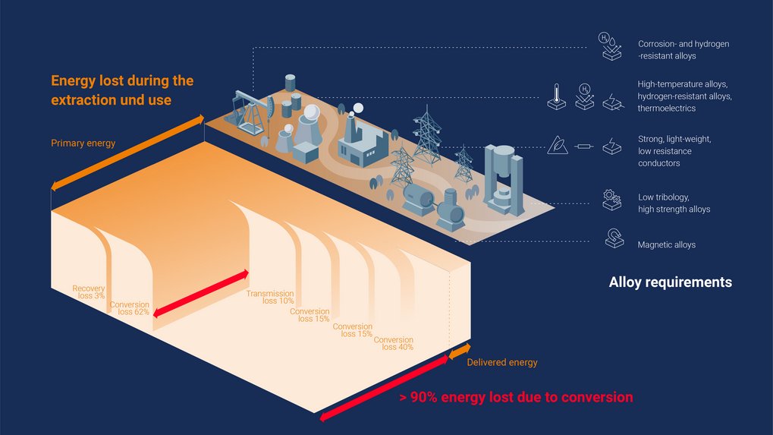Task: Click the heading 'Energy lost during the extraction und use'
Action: pyautogui.click(x=121, y=90)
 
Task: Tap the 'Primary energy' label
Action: pyautogui.click(x=83, y=143)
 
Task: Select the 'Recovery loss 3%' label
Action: pyautogui.click(x=88, y=292)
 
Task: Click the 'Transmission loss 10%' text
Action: pyautogui.click(x=269, y=297)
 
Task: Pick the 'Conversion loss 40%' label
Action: pyautogui.click(x=393, y=343)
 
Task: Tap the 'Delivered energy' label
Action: pyautogui.click(x=501, y=363)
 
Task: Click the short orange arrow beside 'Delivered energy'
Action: pyautogui.click(x=459, y=352)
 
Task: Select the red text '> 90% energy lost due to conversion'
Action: pyautogui.click(x=515, y=397)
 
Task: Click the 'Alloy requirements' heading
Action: pyautogui.click(x=670, y=282)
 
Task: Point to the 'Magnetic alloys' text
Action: pyautogui.click(x=666, y=244)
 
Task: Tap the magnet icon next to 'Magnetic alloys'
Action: pyautogui.click(x=614, y=239)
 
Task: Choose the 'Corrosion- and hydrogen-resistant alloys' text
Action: pyautogui.click(x=683, y=50)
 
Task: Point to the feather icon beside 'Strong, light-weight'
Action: pyautogui.click(x=557, y=145)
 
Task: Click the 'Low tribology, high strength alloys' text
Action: pyautogui.click(x=674, y=203)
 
